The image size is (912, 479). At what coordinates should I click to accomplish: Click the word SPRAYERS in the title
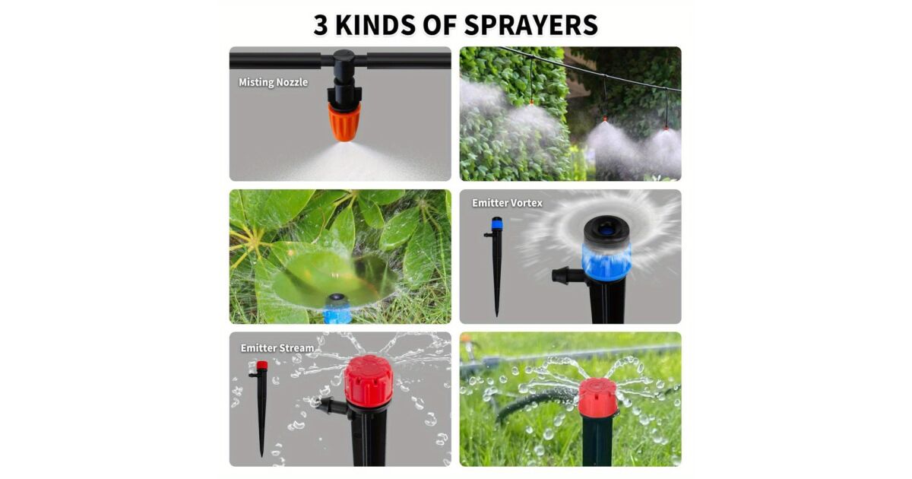point(531,25)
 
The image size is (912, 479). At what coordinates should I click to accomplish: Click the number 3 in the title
point(321,25)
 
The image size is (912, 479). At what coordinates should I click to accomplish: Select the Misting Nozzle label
point(273,82)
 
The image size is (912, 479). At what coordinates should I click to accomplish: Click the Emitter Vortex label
point(508,203)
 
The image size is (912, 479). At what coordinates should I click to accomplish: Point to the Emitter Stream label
point(277,348)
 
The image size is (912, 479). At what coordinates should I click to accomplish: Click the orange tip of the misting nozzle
point(344,122)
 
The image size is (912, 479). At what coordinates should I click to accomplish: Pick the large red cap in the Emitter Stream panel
point(369,380)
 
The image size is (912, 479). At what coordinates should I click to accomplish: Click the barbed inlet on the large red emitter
point(332,404)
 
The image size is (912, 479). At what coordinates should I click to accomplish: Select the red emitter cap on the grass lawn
point(598,397)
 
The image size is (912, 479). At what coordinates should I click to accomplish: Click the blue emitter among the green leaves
point(337,307)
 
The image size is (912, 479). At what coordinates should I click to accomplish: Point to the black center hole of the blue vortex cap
point(606,230)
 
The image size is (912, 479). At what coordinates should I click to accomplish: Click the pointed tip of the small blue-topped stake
point(497,316)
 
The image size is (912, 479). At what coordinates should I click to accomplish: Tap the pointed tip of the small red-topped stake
point(261,455)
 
